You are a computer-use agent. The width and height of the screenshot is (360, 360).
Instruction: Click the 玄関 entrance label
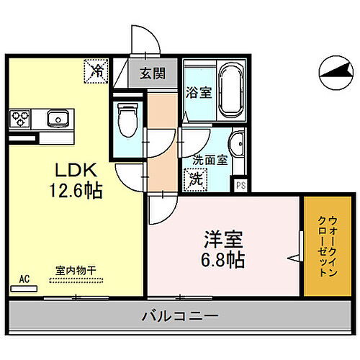(x=151, y=73)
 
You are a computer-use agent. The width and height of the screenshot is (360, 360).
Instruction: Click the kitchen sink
(x=56, y=117)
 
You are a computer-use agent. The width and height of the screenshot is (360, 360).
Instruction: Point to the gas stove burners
(x=20, y=117)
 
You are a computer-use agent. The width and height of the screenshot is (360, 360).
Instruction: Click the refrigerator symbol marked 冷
(x=97, y=70)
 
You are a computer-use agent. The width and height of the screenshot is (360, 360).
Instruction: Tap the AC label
(x=24, y=278)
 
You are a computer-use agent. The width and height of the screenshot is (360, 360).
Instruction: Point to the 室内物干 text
(x=76, y=270)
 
